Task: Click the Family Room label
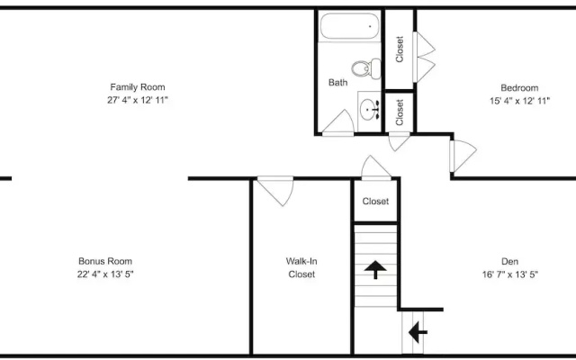(x=138, y=87)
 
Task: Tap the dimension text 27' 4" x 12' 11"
(x=138, y=100)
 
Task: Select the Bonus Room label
(x=105, y=261)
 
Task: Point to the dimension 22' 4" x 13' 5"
(x=105, y=274)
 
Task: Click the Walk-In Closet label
(x=301, y=268)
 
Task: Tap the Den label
(x=510, y=261)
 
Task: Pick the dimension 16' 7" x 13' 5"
(x=510, y=274)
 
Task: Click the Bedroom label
(x=519, y=88)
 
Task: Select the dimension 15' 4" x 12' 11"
(x=519, y=101)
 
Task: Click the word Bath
(x=338, y=82)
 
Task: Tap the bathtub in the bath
(x=349, y=26)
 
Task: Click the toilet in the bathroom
(x=366, y=68)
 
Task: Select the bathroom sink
(x=370, y=110)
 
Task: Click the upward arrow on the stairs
(x=375, y=270)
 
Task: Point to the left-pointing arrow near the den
(x=418, y=332)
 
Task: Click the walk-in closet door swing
(x=279, y=191)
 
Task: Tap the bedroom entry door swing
(x=463, y=156)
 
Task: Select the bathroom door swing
(x=338, y=123)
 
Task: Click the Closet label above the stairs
(x=375, y=202)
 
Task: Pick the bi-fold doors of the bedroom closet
(x=424, y=57)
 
